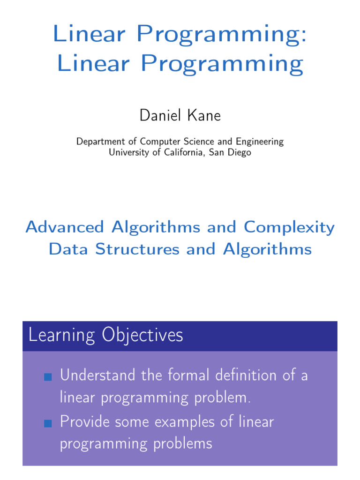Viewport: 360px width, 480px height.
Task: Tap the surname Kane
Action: click(202, 115)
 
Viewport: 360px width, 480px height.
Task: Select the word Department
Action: click(99, 142)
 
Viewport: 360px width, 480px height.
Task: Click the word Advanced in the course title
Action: click(65, 227)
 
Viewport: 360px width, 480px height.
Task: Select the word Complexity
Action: click(289, 228)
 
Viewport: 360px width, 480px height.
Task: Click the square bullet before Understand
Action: click(47, 377)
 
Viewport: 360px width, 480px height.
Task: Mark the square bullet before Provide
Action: click(47, 423)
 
